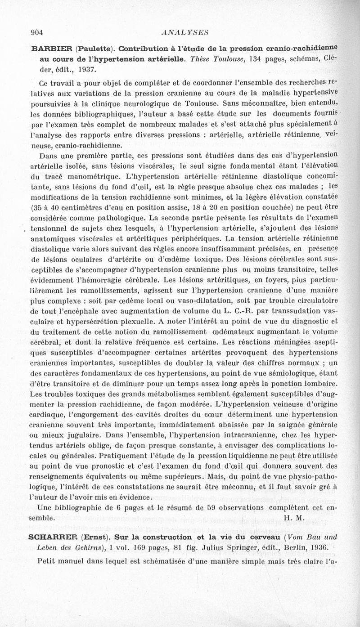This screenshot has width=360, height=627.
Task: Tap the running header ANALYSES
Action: pyautogui.click(x=180, y=32)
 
